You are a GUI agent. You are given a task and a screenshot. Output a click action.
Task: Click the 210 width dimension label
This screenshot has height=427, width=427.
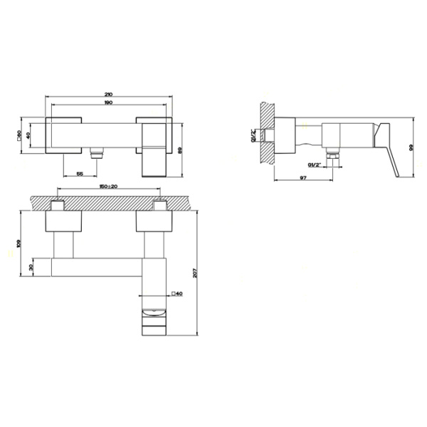click(108, 93)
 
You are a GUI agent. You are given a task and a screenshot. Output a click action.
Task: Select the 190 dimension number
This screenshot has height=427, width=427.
click(108, 104)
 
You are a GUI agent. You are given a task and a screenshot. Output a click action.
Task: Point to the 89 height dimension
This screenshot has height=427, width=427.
click(183, 149)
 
